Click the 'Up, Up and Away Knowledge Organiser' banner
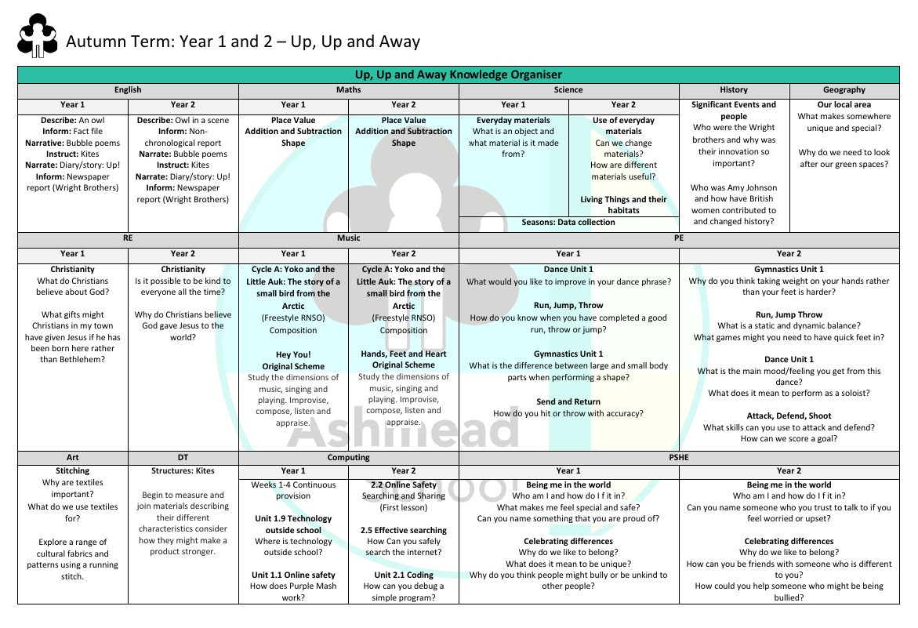tap(459, 74)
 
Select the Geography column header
tap(844, 89)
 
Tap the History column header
tap(733, 89)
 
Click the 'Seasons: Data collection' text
tap(568, 222)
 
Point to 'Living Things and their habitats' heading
tap(623, 205)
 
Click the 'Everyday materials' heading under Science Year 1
tap(513, 120)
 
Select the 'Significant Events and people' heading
tap(733, 110)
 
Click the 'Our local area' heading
tap(844, 104)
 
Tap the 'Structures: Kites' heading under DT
tap(183, 470)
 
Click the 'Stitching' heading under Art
tap(73, 470)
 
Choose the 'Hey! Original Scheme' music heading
tap(293, 360)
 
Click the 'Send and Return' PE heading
tap(568, 401)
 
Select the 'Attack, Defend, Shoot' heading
tap(789, 416)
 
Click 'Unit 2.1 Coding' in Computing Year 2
tap(403, 575)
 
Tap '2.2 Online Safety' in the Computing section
tap(403, 485)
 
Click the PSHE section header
tap(678, 456)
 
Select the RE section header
tap(128, 238)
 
